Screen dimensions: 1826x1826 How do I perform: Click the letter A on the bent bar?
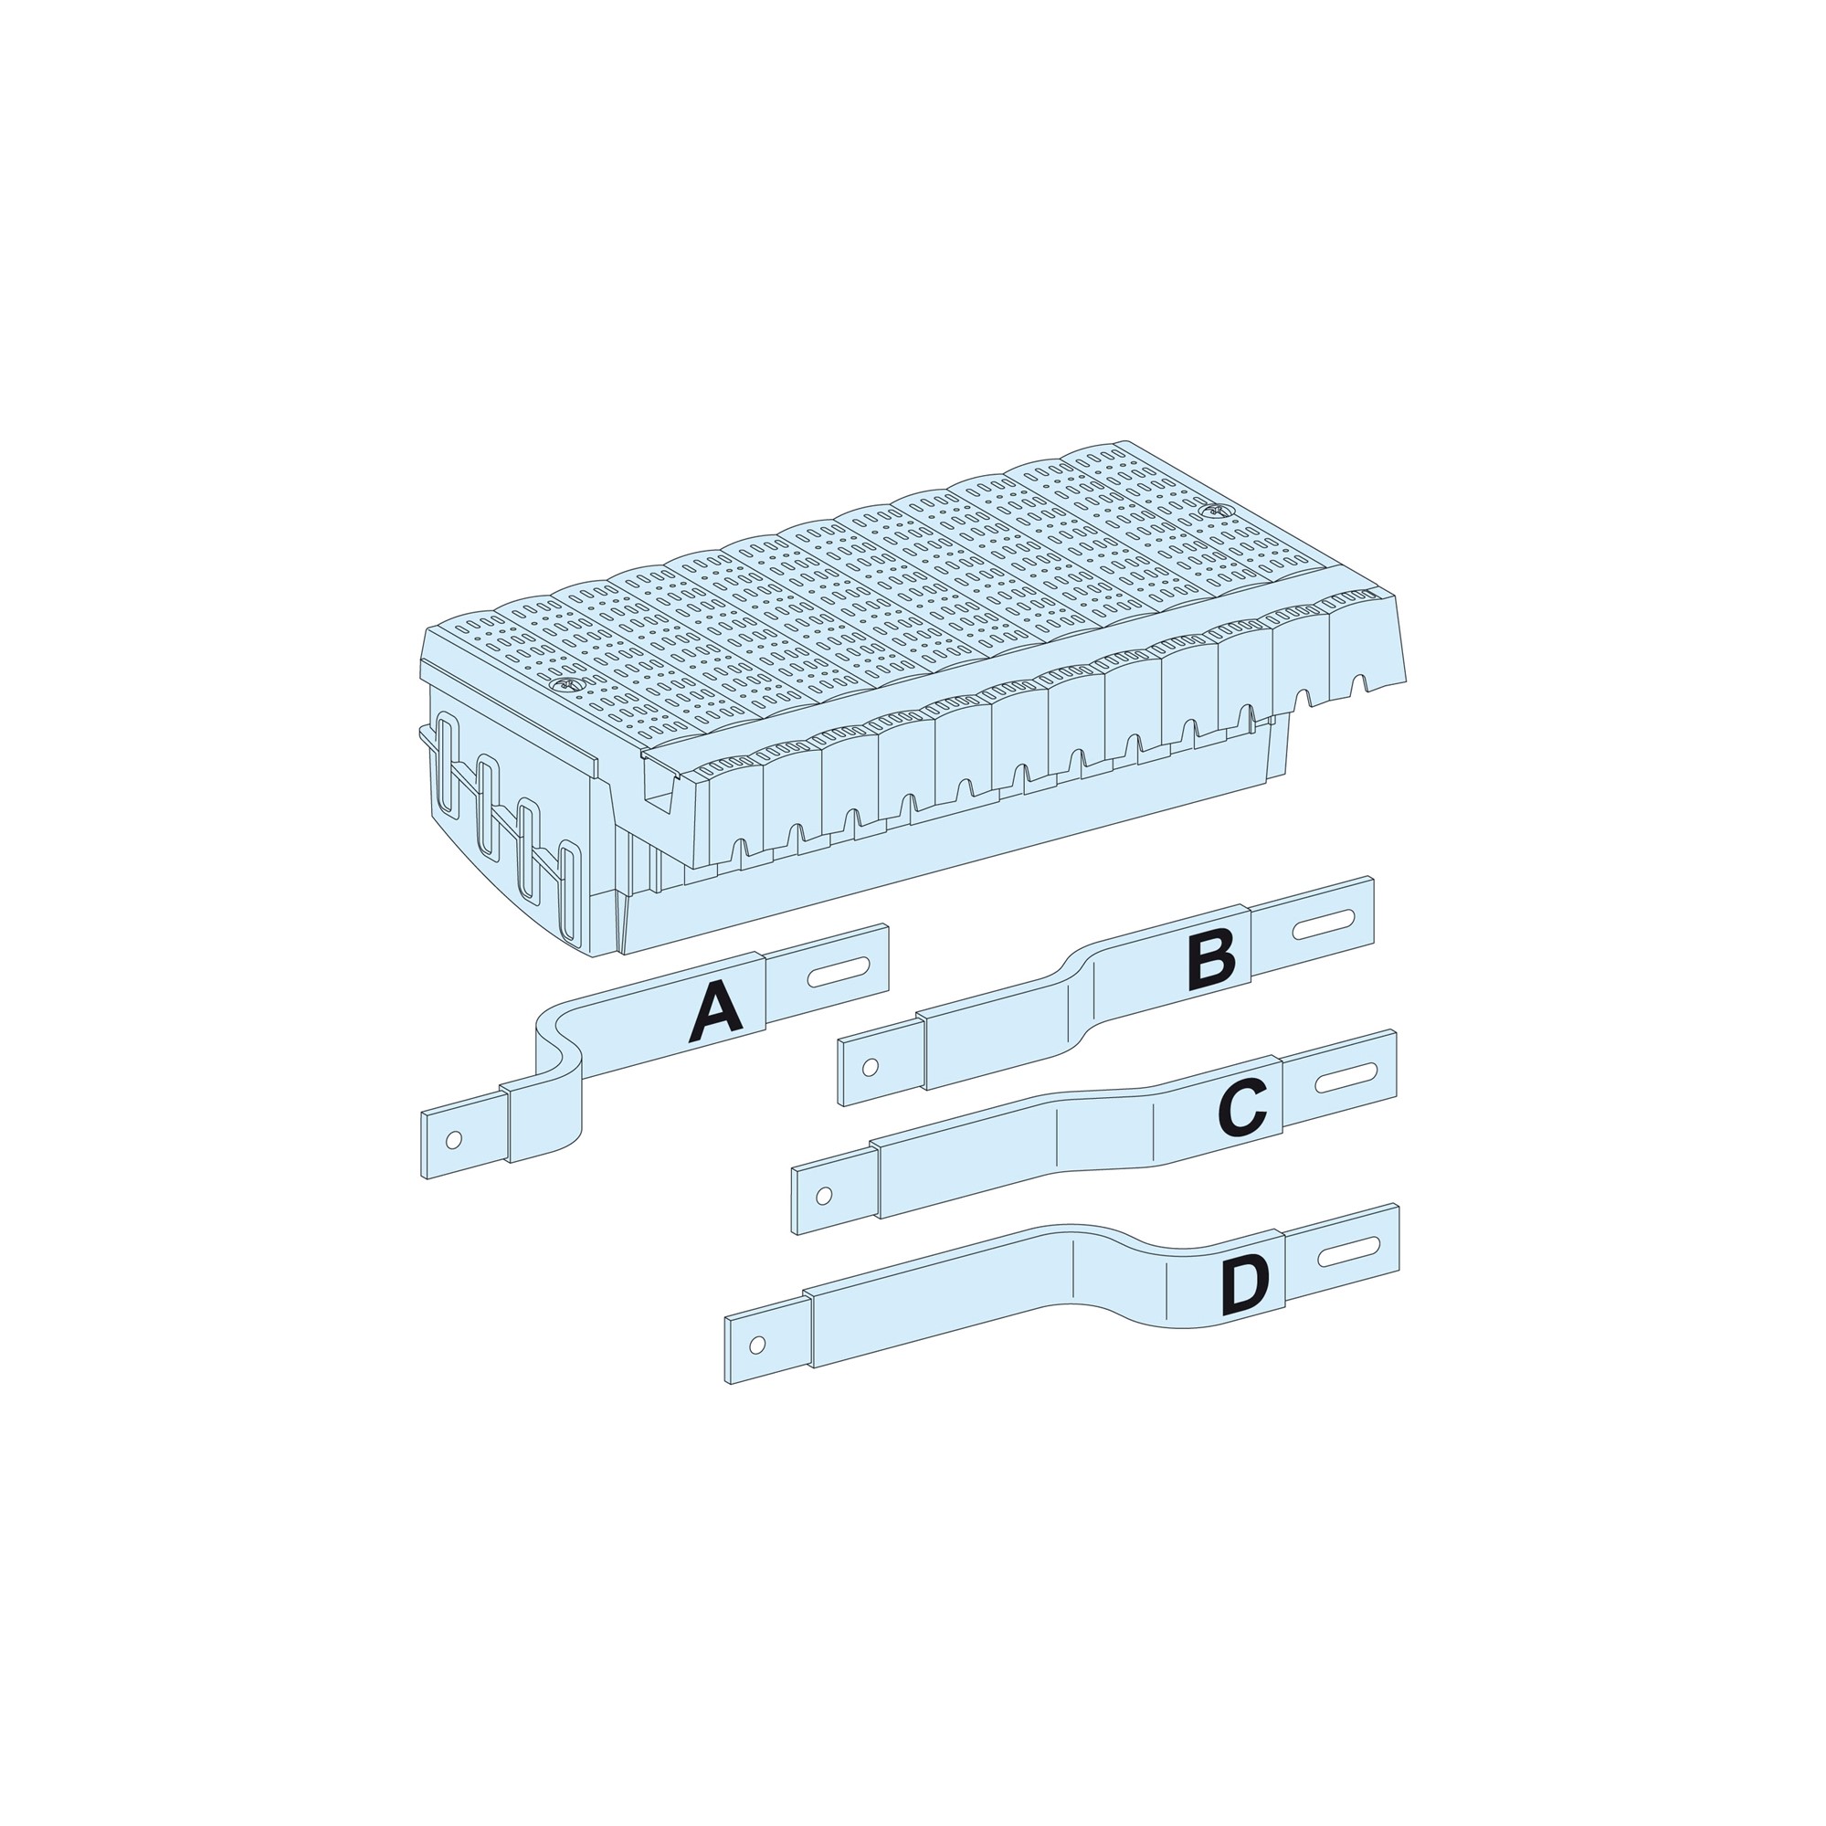(716, 1011)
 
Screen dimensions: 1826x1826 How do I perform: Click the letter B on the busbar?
(1211, 960)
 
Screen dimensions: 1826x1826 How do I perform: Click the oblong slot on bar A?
(839, 973)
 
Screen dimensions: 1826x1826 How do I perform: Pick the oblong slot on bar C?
(1346, 1078)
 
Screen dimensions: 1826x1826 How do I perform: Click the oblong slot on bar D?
(1350, 1251)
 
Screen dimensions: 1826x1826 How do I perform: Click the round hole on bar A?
(454, 1140)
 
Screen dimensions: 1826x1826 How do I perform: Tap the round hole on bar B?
(871, 1068)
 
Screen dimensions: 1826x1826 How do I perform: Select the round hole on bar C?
(823, 1197)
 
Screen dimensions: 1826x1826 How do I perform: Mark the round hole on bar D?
(756, 1344)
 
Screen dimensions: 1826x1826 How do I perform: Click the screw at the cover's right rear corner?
(1215, 512)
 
